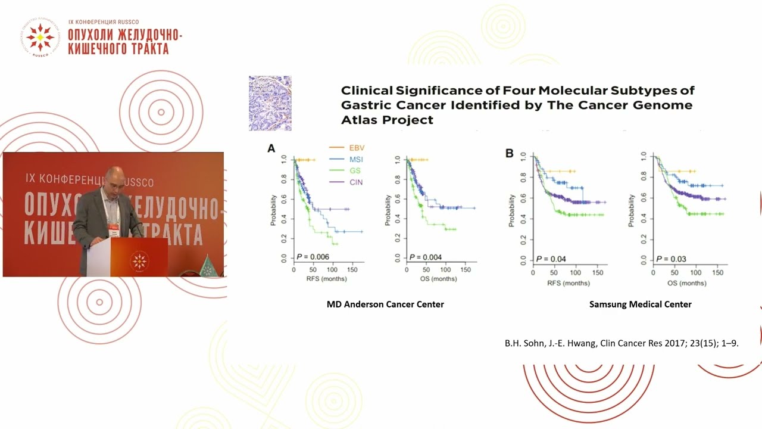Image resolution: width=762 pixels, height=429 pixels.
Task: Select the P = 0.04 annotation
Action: point(552,259)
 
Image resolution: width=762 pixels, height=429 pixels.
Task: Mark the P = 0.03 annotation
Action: point(671,259)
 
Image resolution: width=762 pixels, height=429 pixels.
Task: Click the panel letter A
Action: point(271,148)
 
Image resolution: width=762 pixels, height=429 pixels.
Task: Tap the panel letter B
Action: point(510,153)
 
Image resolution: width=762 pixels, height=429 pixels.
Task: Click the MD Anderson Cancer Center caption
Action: point(385,304)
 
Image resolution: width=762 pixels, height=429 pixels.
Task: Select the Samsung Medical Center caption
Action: point(640,304)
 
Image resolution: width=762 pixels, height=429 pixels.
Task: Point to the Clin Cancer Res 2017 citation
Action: point(622,344)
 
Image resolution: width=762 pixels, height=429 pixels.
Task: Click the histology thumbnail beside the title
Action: point(270,103)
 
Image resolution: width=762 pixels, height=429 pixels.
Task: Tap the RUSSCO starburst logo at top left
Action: point(40,38)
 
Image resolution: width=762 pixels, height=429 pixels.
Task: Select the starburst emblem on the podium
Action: point(139,260)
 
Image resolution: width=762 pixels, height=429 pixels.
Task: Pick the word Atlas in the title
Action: point(359,120)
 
